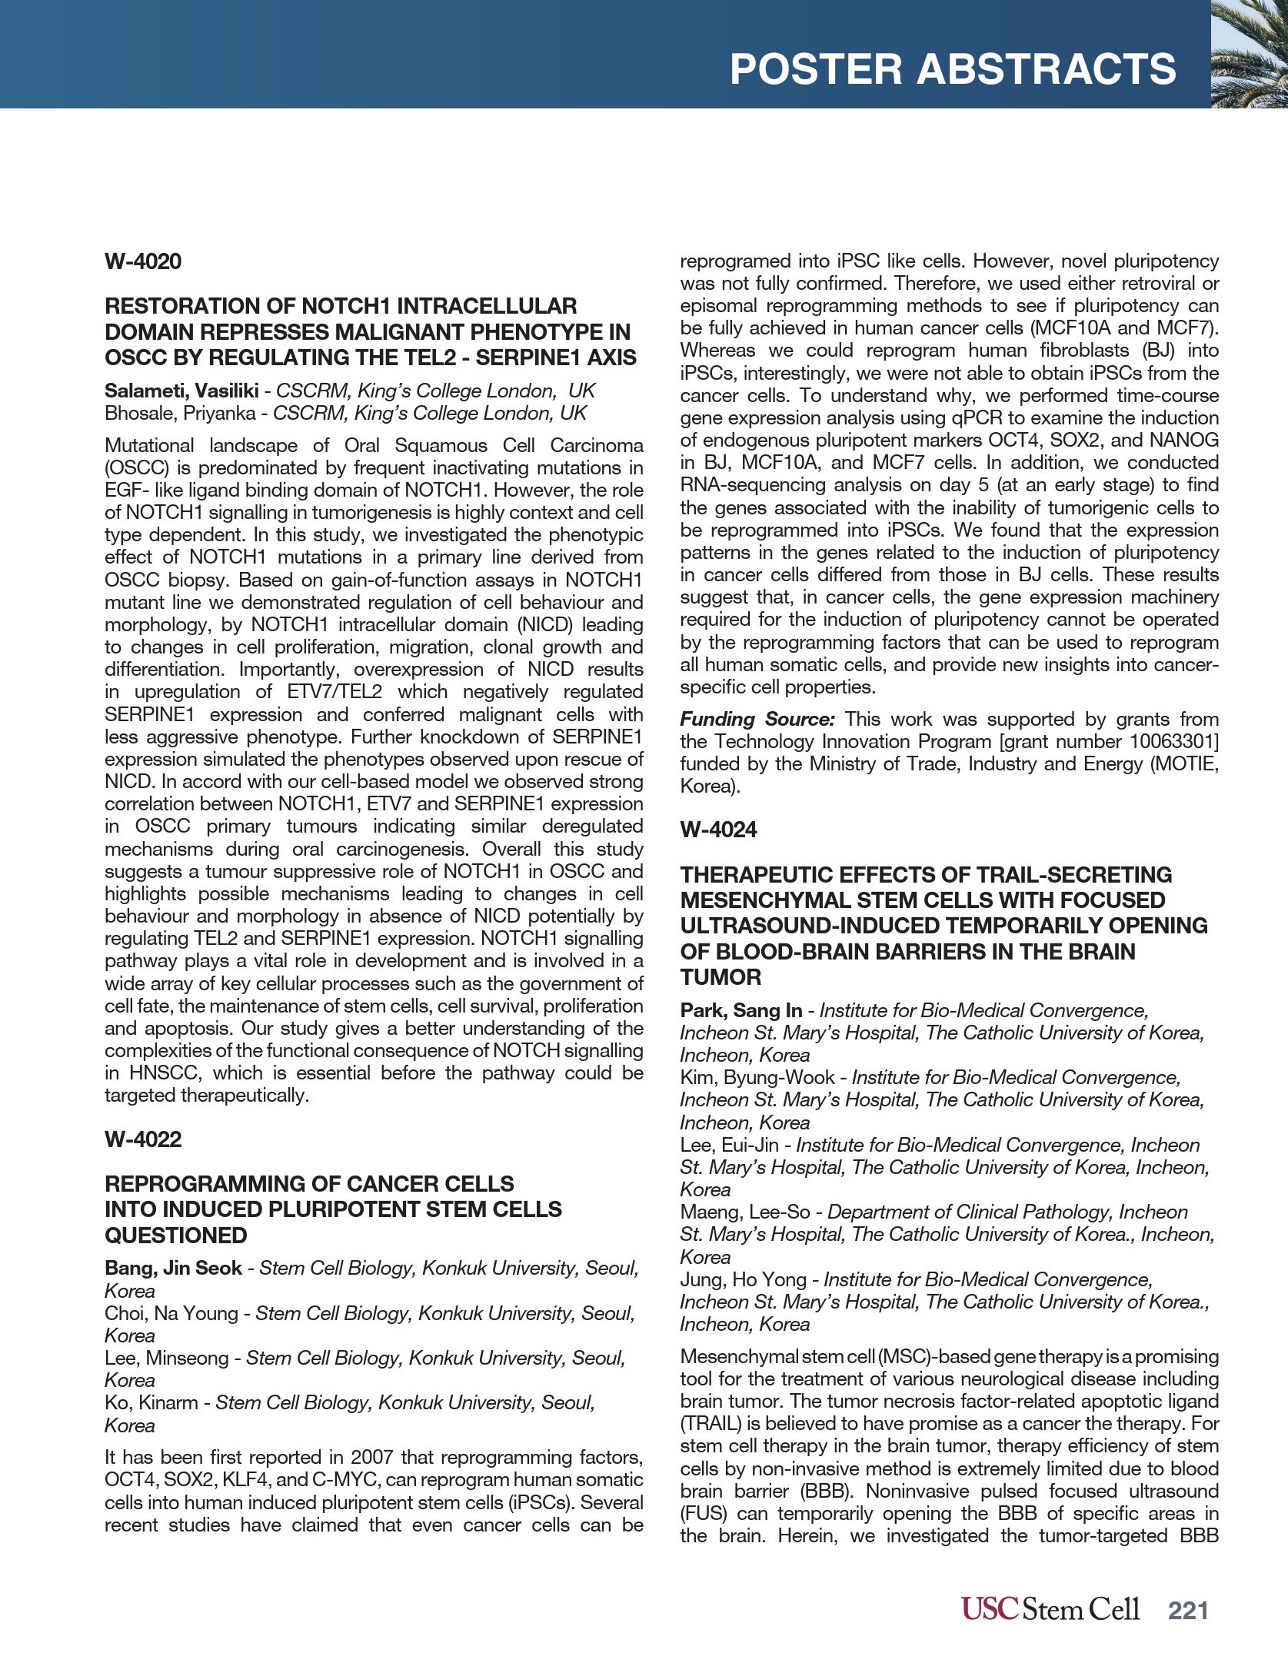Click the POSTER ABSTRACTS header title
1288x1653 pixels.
tap(952, 69)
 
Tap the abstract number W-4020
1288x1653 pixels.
tap(143, 261)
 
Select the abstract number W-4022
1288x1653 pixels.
tap(143, 1139)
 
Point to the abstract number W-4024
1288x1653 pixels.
tap(718, 830)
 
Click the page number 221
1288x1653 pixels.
tap(1188, 1610)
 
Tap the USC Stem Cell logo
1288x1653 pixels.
tap(1050, 1608)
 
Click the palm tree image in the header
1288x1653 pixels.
tap(1249, 54)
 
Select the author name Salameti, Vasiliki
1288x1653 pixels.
tap(181, 391)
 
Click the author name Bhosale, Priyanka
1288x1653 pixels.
tap(180, 414)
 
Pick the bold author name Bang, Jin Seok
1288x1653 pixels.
tap(173, 1268)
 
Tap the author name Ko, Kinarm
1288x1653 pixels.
tap(151, 1402)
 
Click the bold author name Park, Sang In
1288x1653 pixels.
tap(741, 1011)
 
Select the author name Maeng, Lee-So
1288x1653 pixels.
tap(744, 1212)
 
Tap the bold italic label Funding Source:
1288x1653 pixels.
tap(757, 720)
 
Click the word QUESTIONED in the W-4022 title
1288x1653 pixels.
tap(176, 1236)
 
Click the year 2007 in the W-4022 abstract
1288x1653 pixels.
tap(372, 1458)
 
